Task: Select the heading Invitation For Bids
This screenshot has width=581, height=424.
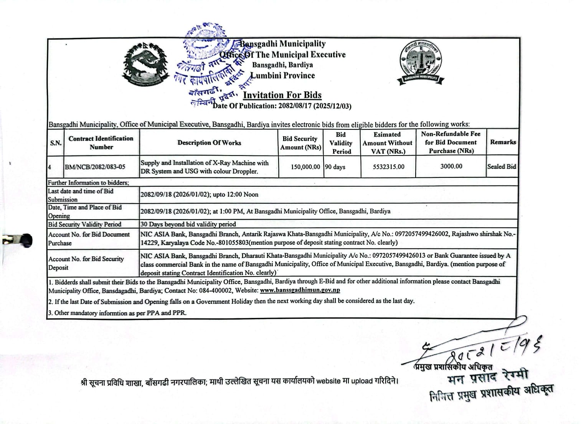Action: [282, 95]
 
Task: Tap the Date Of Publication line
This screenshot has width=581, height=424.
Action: [282, 106]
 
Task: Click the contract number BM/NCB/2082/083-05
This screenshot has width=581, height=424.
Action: [95, 167]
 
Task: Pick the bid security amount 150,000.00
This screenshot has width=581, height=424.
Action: [305, 167]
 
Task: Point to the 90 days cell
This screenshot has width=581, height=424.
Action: [335, 167]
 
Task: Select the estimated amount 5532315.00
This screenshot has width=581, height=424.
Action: [388, 167]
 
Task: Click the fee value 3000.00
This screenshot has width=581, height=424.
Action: [451, 166]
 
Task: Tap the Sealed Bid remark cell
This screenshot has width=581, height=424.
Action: [501, 167]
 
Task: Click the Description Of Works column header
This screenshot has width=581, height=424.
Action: [209, 143]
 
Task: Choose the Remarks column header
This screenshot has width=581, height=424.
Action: [503, 142]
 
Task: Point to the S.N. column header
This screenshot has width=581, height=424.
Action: [56, 143]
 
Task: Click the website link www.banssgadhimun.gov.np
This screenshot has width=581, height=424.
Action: [300, 290]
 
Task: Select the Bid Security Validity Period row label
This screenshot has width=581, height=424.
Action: [84, 224]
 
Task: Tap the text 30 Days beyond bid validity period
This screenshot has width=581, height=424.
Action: [188, 224]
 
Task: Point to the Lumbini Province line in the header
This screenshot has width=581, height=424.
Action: [283, 76]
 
